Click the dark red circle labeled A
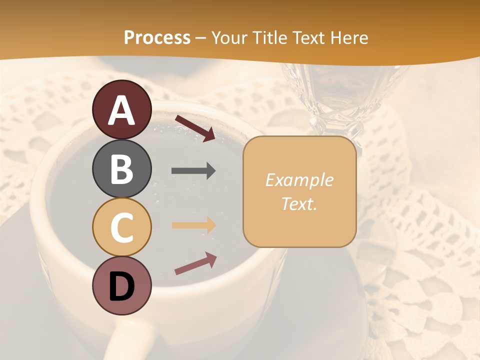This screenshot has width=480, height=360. [122, 109]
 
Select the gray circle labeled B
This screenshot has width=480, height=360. [122, 168]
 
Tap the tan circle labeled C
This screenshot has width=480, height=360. [122, 227]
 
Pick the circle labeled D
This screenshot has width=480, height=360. [122, 285]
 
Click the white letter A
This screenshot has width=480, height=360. [122, 110]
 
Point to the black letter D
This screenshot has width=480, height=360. [122, 286]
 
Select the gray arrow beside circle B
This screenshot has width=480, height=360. [193, 171]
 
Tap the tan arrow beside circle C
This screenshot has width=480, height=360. [193, 225]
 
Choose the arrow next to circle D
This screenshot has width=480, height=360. [195, 263]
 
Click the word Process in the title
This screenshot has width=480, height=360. [157, 37]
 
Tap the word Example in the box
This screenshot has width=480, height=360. [299, 180]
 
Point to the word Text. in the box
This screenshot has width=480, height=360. [299, 203]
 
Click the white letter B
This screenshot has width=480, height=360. [122, 169]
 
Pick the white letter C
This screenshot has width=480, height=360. [122, 228]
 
